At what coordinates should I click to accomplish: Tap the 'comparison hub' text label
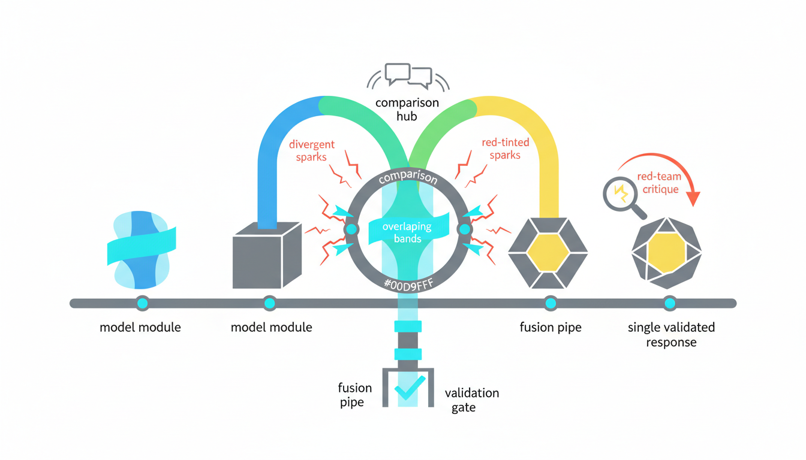click(407, 109)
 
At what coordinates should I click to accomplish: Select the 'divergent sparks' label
click(311, 150)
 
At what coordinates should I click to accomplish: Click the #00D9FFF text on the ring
click(407, 284)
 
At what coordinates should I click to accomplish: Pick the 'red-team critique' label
click(658, 183)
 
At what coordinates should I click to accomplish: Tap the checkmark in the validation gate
click(410, 388)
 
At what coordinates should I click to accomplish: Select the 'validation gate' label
click(471, 400)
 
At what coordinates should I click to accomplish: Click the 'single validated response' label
click(670, 335)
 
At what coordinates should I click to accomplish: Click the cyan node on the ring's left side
click(351, 229)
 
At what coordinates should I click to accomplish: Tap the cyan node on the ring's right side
click(464, 229)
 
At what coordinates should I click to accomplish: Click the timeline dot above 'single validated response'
click(670, 303)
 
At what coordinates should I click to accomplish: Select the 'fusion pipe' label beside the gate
click(355, 395)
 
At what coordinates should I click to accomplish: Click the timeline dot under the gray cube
click(269, 303)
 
